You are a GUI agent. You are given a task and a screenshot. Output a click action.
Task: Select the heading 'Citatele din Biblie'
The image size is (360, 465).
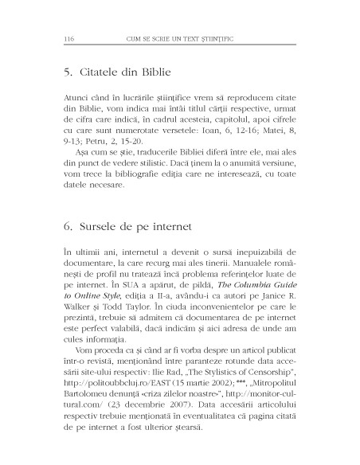pyautogui.click(x=117, y=74)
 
